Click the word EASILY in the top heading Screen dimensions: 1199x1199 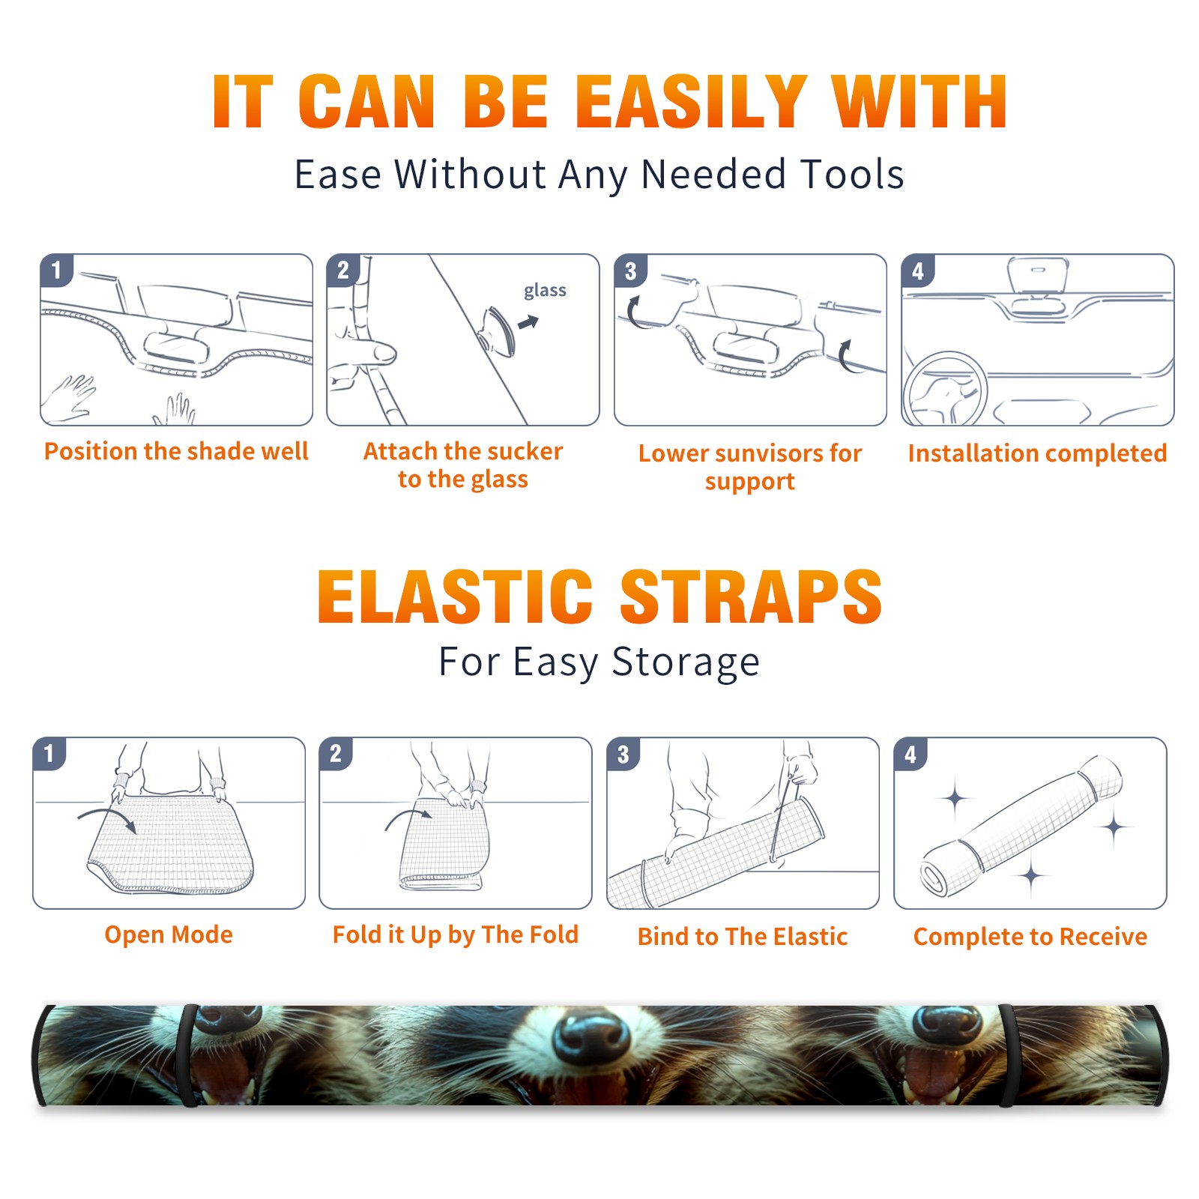point(691,102)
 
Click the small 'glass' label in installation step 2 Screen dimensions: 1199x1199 point(545,291)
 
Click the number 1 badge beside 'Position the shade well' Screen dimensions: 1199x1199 point(57,269)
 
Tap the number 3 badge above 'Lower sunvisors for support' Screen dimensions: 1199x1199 point(630,271)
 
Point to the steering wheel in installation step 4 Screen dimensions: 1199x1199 point(945,390)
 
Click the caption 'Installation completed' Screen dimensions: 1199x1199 point(1037,453)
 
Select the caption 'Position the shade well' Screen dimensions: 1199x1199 point(176,451)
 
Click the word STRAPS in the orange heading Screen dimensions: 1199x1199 point(751,597)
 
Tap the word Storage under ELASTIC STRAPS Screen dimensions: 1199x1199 point(686,662)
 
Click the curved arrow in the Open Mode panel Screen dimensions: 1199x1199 point(107,818)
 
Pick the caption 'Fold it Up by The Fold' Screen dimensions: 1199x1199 point(456,935)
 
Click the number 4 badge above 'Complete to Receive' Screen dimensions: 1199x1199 point(910,754)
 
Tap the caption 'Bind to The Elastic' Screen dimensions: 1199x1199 point(743,937)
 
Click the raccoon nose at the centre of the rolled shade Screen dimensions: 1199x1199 point(592,1039)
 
